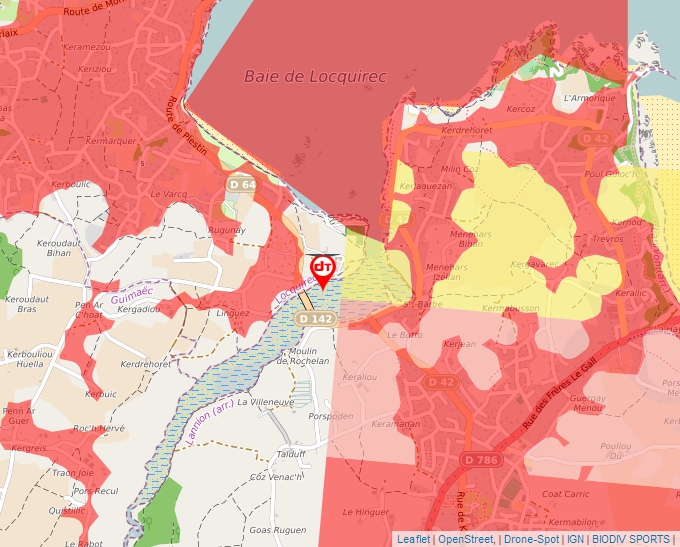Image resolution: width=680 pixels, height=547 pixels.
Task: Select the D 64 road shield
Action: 242,184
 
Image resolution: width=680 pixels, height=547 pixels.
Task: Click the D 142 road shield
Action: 315,318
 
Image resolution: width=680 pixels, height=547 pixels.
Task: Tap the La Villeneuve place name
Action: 267,401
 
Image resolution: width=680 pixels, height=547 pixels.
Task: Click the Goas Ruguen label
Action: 276,529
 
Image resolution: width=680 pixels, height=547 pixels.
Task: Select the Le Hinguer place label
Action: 366,511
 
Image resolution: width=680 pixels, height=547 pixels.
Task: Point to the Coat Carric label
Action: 565,494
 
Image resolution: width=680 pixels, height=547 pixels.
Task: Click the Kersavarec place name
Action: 535,264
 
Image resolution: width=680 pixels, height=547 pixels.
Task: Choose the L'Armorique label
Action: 587,98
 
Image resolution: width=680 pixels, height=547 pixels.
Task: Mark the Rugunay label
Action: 227,230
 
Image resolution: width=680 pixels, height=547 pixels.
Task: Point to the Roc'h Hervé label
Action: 98,428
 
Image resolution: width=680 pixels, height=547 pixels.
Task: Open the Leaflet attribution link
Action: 413,539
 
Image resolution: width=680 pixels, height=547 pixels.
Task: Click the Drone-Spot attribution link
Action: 531,539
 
